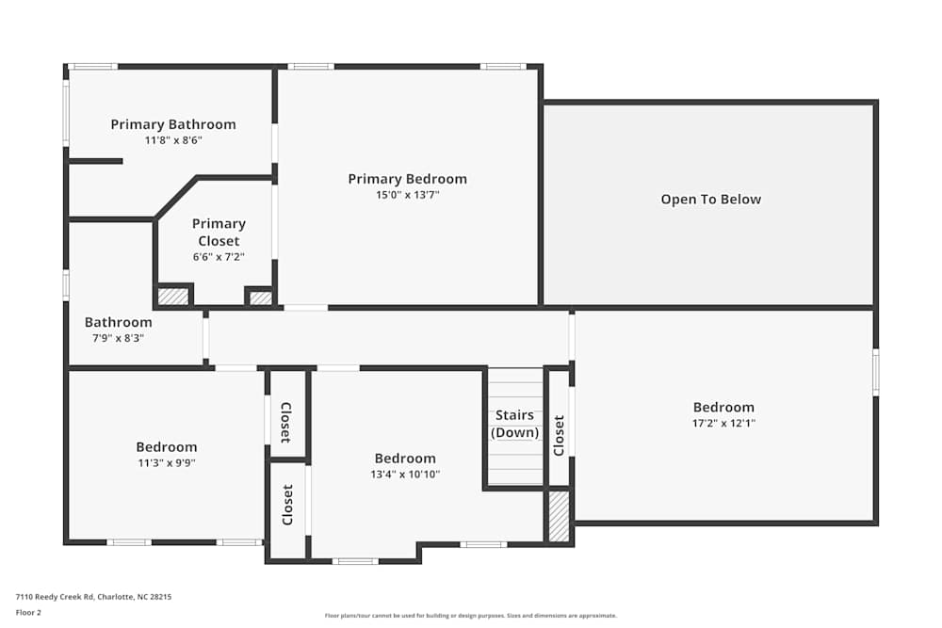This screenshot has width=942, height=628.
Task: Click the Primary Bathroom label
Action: [x=173, y=124]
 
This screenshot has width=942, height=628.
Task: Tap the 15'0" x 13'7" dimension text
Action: [x=407, y=195]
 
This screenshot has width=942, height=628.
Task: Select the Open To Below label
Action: [x=710, y=199]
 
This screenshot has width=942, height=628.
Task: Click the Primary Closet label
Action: [x=219, y=233]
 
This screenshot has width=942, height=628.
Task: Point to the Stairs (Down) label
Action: [x=514, y=424]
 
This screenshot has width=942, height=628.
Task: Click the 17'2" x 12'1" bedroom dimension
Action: [x=723, y=423]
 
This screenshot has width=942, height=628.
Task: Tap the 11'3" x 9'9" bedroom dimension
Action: [x=167, y=462]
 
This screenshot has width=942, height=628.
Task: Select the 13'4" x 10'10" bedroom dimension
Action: [x=405, y=474]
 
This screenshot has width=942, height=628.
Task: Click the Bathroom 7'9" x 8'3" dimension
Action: [x=118, y=337]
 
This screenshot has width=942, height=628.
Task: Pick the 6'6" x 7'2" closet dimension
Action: [x=219, y=256]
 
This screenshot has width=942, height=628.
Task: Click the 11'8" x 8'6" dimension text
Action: [x=173, y=139]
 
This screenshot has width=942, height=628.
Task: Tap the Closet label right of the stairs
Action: [x=559, y=436]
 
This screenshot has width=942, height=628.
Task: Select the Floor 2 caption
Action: [x=28, y=612]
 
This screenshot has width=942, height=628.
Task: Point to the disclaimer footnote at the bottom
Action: [x=471, y=616]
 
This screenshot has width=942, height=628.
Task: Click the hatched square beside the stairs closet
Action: [x=559, y=516]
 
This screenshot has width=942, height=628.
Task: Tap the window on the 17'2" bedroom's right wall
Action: [x=875, y=372]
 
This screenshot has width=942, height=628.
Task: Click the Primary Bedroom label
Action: [x=407, y=179]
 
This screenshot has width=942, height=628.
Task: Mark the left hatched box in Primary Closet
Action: [x=172, y=296]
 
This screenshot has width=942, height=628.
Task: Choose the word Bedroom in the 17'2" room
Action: [x=723, y=408]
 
